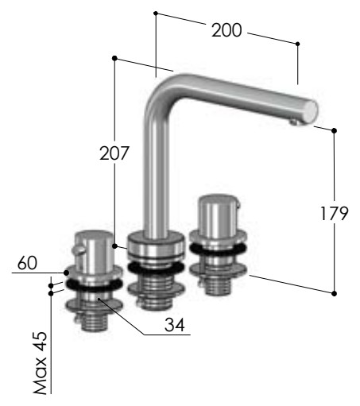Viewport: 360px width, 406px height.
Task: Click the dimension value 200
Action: click(226, 30)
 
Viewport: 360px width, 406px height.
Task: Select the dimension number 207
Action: click(114, 153)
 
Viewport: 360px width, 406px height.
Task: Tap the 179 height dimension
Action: click(334, 214)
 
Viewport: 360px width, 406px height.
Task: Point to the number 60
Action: click(27, 263)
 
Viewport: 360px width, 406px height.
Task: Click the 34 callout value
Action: click(174, 325)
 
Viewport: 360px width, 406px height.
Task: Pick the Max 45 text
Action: click(40, 362)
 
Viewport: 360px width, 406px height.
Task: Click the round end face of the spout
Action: click(310, 112)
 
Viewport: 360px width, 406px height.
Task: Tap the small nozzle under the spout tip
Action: click(293, 122)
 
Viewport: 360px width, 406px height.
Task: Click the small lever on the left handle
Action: click(78, 249)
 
